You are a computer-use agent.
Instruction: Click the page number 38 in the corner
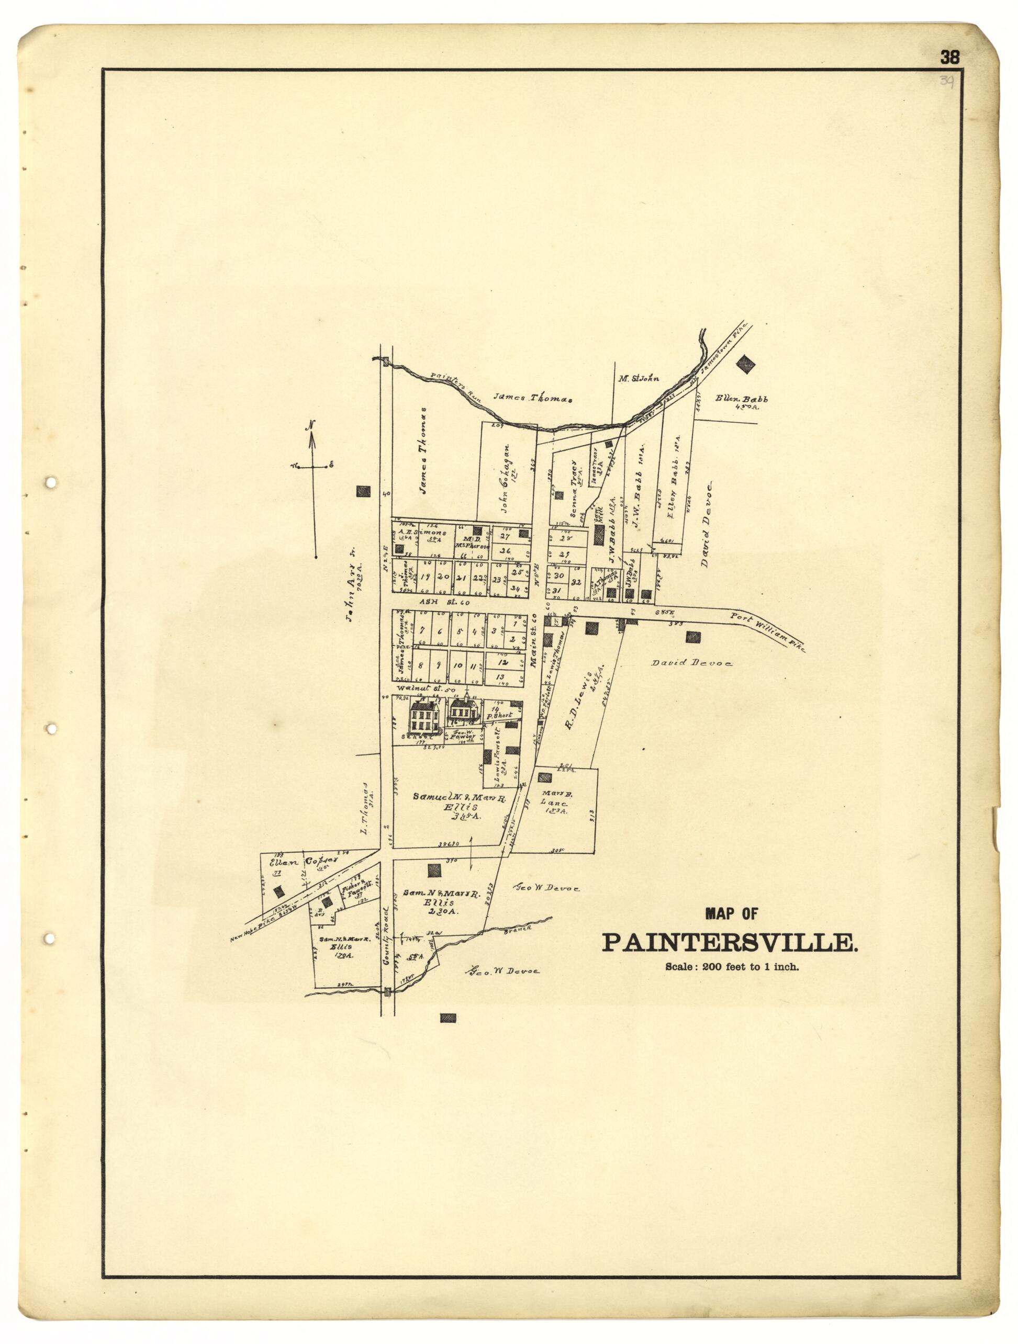pyautogui.click(x=949, y=58)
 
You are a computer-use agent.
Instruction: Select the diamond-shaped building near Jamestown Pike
pyautogui.click(x=746, y=364)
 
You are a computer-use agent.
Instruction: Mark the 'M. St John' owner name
pyautogui.click(x=638, y=379)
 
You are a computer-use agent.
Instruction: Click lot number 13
pyautogui.click(x=501, y=677)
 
